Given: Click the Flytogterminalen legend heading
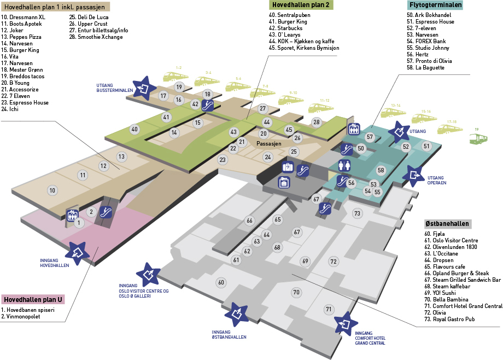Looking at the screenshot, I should click(x=435, y=5).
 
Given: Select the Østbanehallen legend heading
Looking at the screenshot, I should click(x=447, y=224).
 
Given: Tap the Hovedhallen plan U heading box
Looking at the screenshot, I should click(x=33, y=300).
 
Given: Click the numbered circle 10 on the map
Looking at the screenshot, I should click(x=52, y=190).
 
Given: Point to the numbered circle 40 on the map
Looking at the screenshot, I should click(x=134, y=129).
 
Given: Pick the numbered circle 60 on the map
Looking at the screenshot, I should click(x=221, y=282).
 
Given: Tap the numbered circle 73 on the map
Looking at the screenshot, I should click(x=357, y=213).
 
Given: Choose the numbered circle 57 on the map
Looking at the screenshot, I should click(x=370, y=137).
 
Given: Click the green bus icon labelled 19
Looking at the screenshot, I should click(x=478, y=138).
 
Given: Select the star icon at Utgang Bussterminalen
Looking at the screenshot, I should click(x=145, y=88).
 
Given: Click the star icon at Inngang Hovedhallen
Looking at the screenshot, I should click(x=78, y=253).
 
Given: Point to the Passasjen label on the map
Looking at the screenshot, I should click(x=268, y=143).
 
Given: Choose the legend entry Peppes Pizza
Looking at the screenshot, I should click(x=21, y=37).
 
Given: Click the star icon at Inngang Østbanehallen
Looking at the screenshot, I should click(x=237, y=313).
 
